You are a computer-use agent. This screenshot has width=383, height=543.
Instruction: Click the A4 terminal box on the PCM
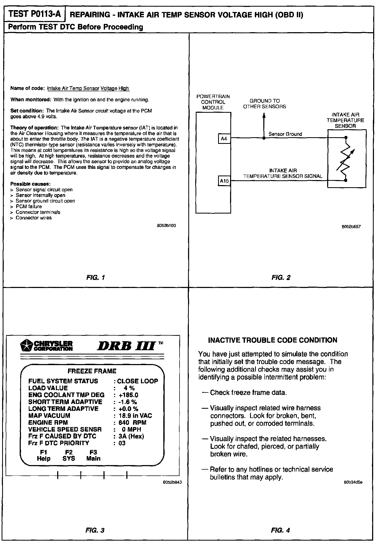pos(224,139)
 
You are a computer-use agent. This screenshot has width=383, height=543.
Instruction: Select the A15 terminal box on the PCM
pos(224,181)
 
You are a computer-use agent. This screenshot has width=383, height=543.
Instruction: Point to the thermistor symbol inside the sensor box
pos(345,159)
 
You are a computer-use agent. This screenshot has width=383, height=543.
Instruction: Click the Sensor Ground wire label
pos(285,134)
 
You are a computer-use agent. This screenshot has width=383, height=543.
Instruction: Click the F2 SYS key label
pos(69,455)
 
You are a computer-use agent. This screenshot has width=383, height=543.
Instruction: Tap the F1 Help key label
pos(44,455)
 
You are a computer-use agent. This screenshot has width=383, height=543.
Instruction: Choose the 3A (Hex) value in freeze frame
pos(131,436)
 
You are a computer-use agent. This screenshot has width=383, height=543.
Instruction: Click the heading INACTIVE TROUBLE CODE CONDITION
pos(272,340)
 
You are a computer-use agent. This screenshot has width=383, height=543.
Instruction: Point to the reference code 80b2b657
pos(351,227)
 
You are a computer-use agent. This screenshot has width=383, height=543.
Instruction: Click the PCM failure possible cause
pos(29,206)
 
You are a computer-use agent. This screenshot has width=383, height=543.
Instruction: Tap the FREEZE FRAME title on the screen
pos(92,371)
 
